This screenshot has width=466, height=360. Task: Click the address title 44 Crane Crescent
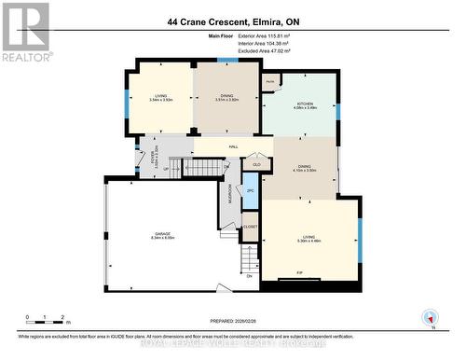coord(232,21)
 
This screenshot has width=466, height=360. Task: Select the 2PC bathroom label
coord(250,190)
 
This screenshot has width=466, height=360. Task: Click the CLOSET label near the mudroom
coord(250,226)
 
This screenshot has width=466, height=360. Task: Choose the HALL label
coord(233,146)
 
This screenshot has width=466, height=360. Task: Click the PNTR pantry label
coord(270,82)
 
